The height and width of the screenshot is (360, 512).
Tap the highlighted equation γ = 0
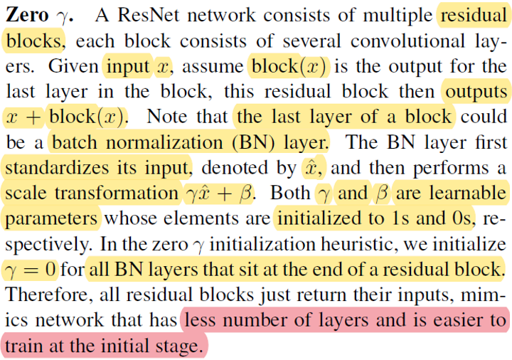(31, 270)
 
